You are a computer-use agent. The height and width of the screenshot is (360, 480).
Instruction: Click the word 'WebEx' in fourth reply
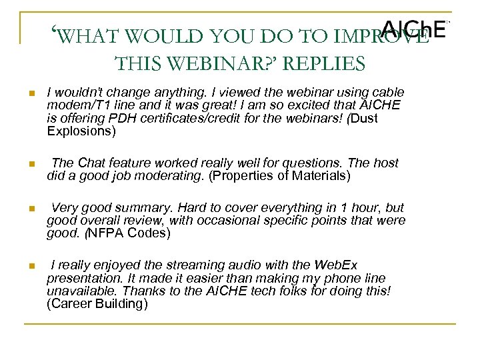(x=340, y=266)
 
